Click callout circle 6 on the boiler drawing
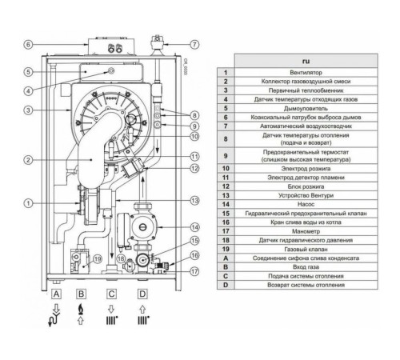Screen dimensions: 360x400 pyautogui.click(x=28, y=44)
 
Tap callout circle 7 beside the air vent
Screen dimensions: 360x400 pyautogui.click(x=194, y=44)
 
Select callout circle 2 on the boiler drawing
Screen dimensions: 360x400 pyautogui.click(x=28, y=160)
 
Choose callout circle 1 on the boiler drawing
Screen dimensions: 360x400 pyautogui.click(x=28, y=202)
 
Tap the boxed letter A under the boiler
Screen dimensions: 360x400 pyautogui.click(x=56, y=294)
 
